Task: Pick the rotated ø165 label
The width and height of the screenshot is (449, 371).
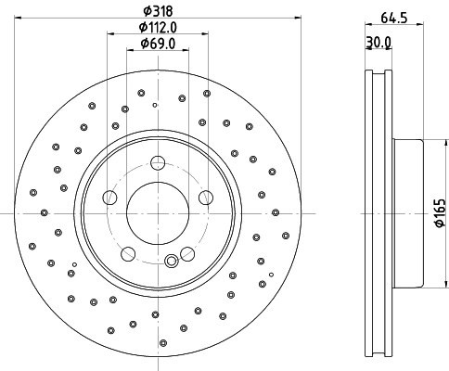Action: (440, 212)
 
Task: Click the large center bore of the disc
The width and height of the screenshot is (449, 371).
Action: (156, 212)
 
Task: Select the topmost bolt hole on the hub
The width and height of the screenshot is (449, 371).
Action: (156, 163)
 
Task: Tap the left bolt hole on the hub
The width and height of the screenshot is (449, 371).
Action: (109, 197)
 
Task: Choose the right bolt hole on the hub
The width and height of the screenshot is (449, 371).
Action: (202, 197)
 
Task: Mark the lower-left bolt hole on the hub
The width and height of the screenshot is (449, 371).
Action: (127, 252)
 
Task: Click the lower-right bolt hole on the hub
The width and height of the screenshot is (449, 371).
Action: (185, 252)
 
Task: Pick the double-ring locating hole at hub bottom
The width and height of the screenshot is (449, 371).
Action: (170, 261)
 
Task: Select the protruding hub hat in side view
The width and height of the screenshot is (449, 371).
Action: (408, 212)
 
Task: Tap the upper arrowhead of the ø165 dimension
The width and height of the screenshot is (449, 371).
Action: (429, 141)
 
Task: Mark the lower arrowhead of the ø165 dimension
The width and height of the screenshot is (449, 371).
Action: (429, 285)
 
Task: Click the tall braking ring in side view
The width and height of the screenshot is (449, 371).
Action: (377, 212)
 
